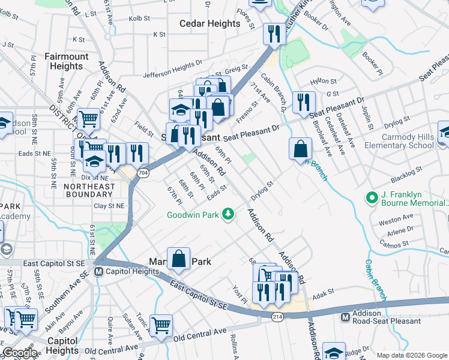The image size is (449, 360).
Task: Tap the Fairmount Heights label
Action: coord(67,62)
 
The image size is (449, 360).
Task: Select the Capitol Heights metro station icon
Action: coord(100,272)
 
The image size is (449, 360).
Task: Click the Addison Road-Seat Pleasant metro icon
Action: coord(345,317)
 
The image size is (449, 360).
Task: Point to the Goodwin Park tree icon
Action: coord(228,214)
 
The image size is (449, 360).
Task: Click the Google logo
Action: coord(20,353)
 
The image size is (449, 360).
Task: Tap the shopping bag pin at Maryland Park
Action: coord(179,259)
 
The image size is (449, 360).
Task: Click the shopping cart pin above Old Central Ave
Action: coord(161,326)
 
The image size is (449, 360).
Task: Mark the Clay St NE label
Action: coord(109,205)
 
